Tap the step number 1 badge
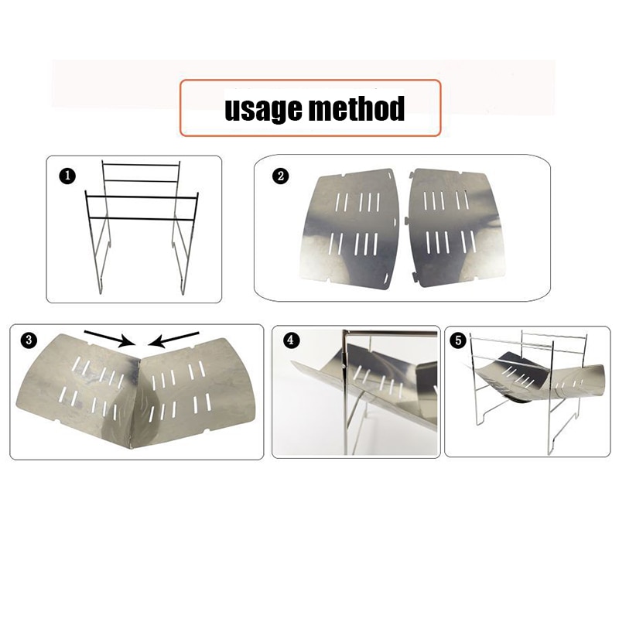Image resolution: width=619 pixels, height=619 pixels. click(x=67, y=176)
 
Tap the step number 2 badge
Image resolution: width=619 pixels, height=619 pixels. click(x=281, y=176)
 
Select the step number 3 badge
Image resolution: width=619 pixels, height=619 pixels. click(x=29, y=340)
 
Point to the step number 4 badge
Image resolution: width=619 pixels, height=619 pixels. click(x=291, y=340)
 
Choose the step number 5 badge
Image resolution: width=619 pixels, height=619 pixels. click(x=458, y=340)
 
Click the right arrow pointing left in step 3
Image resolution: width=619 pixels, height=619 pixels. click(x=174, y=340)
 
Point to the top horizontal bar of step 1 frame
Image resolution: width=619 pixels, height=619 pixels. click(x=141, y=164)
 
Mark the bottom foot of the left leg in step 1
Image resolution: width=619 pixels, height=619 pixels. click(x=101, y=290)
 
